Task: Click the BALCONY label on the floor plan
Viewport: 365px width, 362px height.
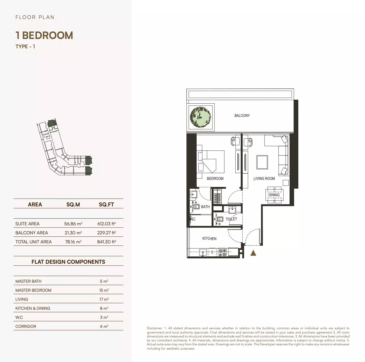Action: click(242, 115)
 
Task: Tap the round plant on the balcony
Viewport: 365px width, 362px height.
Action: click(200, 117)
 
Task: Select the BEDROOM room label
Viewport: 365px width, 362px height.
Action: click(215, 178)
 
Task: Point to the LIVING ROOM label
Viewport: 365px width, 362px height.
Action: click(264, 178)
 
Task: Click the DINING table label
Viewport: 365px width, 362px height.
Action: click(274, 195)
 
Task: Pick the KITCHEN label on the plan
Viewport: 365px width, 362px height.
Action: click(209, 239)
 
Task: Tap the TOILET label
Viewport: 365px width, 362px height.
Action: click(231, 219)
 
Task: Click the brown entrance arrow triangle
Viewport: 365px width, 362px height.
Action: click(253, 253)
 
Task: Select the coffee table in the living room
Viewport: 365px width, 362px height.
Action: click(262, 162)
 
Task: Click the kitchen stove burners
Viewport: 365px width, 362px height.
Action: click(222, 252)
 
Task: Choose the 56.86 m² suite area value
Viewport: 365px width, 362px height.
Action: click(73, 224)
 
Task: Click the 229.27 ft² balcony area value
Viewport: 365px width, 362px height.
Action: click(107, 233)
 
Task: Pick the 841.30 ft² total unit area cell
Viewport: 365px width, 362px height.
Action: click(107, 242)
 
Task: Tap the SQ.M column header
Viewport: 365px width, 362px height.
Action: click(73, 204)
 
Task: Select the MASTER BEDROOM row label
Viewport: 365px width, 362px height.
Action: click(33, 290)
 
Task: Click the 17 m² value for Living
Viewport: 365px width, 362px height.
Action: click(104, 299)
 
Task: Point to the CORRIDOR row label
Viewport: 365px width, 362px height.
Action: click(26, 326)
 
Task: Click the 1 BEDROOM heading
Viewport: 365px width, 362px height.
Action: click(44, 35)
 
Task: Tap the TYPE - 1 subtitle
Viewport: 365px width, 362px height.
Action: click(25, 47)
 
